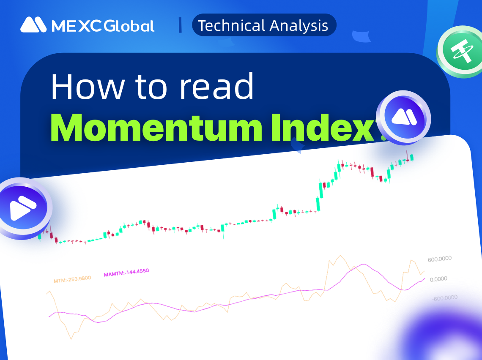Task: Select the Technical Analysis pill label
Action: (x=263, y=25)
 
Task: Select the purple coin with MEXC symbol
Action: (x=403, y=117)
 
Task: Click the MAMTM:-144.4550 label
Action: (x=126, y=273)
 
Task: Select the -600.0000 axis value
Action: (x=444, y=298)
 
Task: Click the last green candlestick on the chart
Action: (x=412, y=157)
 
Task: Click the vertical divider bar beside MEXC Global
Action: (x=180, y=25)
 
